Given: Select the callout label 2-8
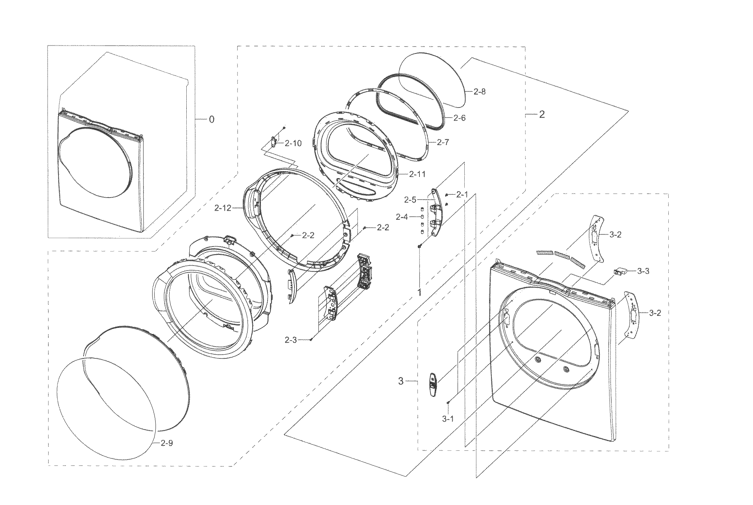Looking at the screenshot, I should click(x=479, y=92).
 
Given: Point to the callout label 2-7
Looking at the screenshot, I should click(x=443, y=143).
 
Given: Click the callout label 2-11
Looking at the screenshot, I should click(x=417, y=174).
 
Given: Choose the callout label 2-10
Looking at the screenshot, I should click(x=293, y=144).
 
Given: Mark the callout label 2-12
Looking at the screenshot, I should click(x=223, y=208).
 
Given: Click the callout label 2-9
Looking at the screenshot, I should click(x=167, y=443).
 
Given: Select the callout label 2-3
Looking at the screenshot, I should click(x=290, y=340).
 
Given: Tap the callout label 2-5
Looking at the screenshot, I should click(x=410, y=200).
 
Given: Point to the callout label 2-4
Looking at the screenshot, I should click(x=402, y=217).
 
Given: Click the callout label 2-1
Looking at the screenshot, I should click(x=462, y=194).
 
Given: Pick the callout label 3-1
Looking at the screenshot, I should click(x=448, y=419).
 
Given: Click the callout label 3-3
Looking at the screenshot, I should click(x=643, y=271).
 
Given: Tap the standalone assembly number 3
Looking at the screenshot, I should click(x=401, y=381).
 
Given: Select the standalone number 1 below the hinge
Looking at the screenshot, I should click(x=419, y=292).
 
